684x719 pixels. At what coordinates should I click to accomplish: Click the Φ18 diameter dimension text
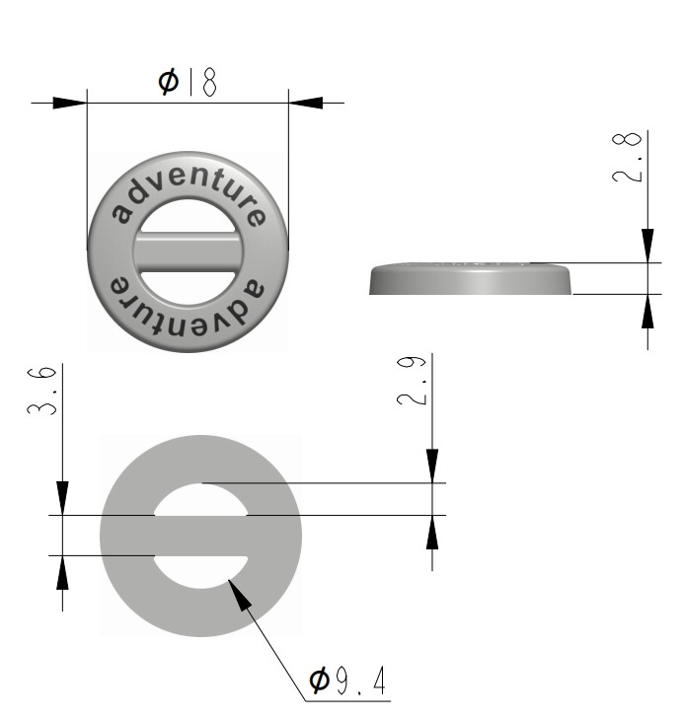click(x=188, y=82)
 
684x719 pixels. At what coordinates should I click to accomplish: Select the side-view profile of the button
click(x=470, y=279)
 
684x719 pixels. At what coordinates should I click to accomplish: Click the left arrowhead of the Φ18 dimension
click(x=70, y=102)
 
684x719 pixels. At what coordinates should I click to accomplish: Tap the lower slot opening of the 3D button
click(x=188, y=279)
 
